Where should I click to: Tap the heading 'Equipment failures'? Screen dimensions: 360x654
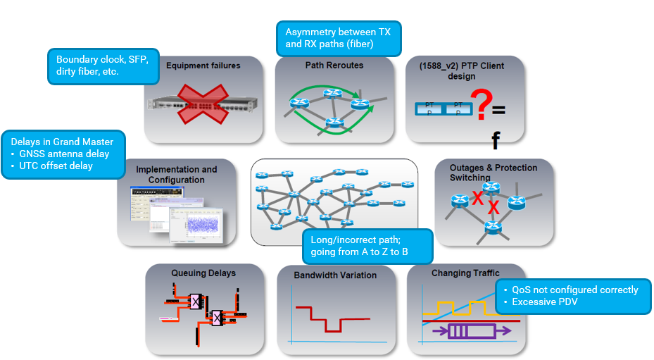pos(203,66)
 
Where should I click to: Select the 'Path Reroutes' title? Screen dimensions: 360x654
pos(334,65)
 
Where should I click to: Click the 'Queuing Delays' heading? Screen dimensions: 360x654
pos(203,273)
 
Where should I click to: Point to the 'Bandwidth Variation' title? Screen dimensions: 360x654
pos(334,275)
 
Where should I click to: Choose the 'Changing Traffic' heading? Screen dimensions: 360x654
pos(465,273)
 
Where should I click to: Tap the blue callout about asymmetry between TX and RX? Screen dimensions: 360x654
pos(339,38)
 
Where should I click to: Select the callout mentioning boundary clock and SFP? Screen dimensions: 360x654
pos(103,66)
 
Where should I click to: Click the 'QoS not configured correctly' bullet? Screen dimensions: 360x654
pos(575,290)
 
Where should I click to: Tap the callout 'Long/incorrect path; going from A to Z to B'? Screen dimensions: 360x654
pos(367,245)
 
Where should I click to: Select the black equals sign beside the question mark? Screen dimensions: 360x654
pos(498,111)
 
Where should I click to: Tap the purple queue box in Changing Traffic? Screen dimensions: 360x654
pos(467,330)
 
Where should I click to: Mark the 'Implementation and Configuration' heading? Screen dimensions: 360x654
pos(177,174)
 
